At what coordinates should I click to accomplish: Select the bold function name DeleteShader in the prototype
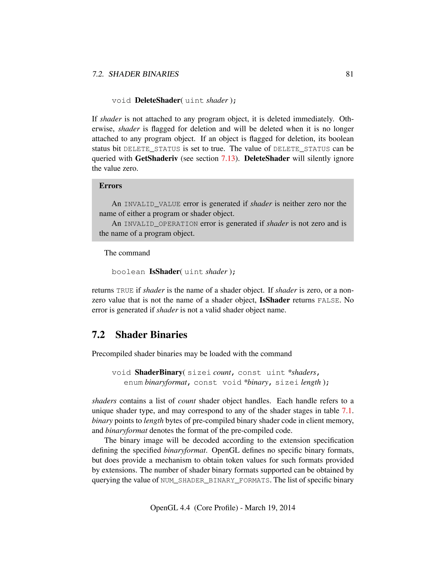[158, 100]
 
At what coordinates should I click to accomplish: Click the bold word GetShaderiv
[156, 158]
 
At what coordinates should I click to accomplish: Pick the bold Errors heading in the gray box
[110, 186]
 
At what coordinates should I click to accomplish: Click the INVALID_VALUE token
[152, 204]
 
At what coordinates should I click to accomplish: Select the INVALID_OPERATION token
[161, 224]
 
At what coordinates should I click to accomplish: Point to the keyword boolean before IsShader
[128, 272]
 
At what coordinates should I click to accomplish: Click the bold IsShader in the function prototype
[164, 272]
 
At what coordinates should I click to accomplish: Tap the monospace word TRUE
[125, 291]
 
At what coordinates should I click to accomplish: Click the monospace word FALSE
[328, 300]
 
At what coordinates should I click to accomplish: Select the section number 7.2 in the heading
[98, 335]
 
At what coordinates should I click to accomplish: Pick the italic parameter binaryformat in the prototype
[166, 382]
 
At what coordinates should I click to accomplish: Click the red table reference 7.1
[347, 410]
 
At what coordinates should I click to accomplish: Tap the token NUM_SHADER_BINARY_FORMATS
[215, 480]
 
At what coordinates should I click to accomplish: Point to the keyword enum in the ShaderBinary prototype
[133, 383]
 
